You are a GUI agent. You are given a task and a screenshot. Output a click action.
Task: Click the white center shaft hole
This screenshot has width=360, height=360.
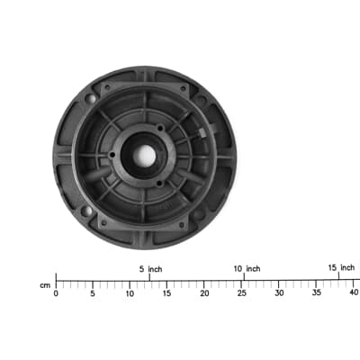click(x=144, y=156)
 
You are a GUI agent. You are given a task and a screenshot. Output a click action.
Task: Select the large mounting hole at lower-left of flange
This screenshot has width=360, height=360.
click(x=86, y=211)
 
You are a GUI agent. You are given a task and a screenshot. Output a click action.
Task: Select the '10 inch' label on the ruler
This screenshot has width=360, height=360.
click(x=246, y=269)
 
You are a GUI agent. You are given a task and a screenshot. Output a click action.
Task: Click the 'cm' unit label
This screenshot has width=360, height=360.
click(x=44, y=285)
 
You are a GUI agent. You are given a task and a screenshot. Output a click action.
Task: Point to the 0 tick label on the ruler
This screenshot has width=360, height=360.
click(x=56, y=293)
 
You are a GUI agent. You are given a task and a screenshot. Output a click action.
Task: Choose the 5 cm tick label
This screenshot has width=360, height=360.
click(x=93, y=293)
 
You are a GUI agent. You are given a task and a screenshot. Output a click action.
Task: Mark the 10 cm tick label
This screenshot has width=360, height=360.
click(x=130, y=293)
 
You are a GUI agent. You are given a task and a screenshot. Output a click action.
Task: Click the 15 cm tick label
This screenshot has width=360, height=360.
click(x=167, y=293)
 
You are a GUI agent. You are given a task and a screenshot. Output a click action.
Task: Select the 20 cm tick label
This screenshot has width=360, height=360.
click(x=204, y=293)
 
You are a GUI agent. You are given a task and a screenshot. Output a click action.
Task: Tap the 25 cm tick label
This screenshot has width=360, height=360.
click(x=241, y=293)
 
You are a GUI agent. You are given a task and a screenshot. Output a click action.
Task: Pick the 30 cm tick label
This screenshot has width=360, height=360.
click(x=279, y=293)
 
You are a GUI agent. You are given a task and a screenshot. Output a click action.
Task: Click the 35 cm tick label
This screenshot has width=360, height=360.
click(x=316, y=293)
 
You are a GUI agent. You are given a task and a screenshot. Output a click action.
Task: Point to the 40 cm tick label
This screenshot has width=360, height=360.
click(x=353, y=293)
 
